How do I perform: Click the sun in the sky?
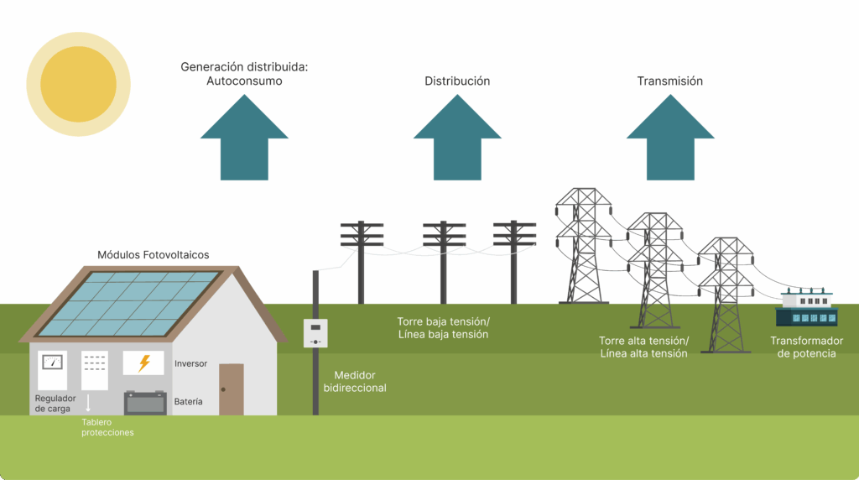[78, 84]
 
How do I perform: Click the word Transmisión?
[669, 81]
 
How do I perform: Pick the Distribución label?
[457, 81]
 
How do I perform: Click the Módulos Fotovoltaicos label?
[154, 254]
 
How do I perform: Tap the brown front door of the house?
[231, 389]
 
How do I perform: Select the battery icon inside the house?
[145, 403]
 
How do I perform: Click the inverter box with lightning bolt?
[143, 363]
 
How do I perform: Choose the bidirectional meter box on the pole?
[315, 333]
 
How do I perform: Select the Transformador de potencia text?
[806, 347]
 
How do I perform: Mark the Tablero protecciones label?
[107, 427]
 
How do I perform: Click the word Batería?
[188, 402]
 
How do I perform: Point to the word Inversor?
[190, 363]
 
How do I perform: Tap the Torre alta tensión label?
[643, 347]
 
